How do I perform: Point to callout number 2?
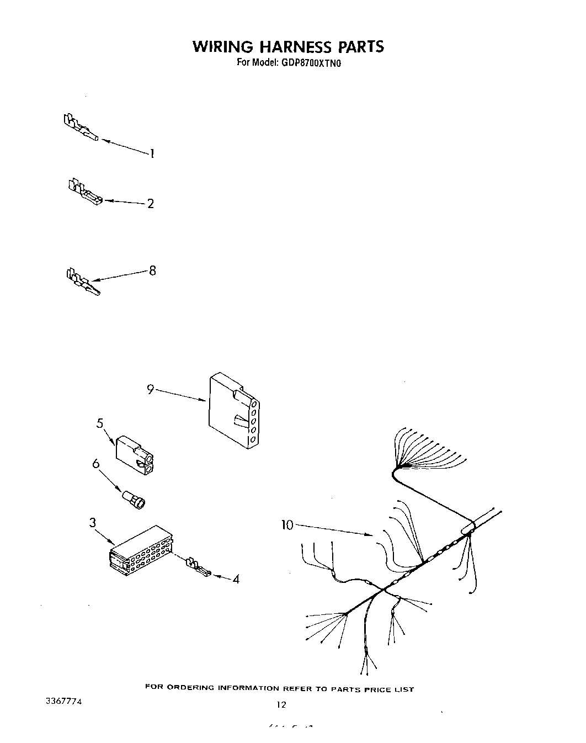tap(151, 204)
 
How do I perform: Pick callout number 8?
tap(152, 270)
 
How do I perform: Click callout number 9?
tap(150, 389)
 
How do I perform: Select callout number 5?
tap(100, 423)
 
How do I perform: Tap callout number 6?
tap(95, 464)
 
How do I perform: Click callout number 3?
tap(93, 522)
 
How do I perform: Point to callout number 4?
tap(236, 580)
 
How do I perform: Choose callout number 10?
tap(287, 525)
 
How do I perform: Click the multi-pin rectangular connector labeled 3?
tap(142, 550)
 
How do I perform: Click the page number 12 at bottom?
tap(281, 704)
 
